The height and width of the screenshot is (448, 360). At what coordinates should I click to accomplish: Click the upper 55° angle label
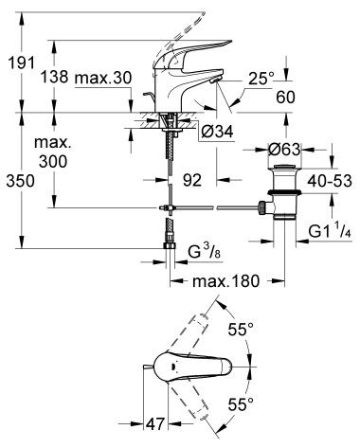[243, 329]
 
